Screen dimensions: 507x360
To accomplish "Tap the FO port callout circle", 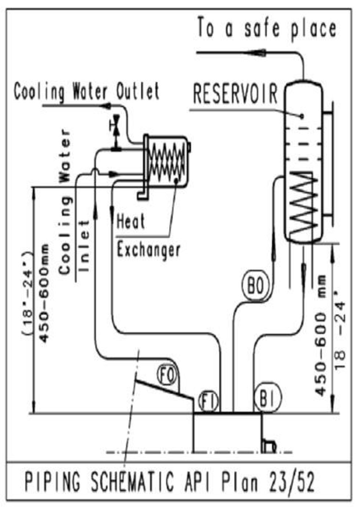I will (168, 375).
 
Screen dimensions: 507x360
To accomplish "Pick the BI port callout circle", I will (267, 398).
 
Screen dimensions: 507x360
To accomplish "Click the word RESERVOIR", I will (235, 94).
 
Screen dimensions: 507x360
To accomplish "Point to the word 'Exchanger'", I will (148, 250).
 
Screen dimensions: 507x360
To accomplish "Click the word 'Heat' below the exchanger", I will (130, 222).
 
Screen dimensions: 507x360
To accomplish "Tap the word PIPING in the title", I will (52, 482).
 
